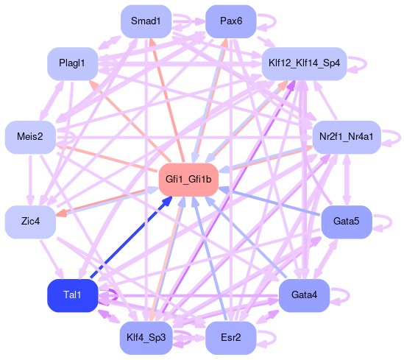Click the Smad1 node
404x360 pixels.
coord(146,21)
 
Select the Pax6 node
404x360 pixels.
coord(231,21)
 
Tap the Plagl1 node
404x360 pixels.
coord(73,63)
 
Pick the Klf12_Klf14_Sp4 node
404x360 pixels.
coord(305,63)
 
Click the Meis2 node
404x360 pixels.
coord(30,137)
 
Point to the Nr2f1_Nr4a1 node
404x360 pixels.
coord(347,137)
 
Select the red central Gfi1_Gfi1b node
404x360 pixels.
coord(188,180)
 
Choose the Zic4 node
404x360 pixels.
coord(30,222)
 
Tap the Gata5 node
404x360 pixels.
coord(347,222)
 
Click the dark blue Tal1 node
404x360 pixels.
coord(73,295)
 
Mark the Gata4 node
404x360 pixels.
coord(305,295)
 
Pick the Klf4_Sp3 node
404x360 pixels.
coord(146,338)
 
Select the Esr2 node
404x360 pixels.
coord(231,338)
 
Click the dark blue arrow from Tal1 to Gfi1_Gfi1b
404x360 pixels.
coord(131,237)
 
